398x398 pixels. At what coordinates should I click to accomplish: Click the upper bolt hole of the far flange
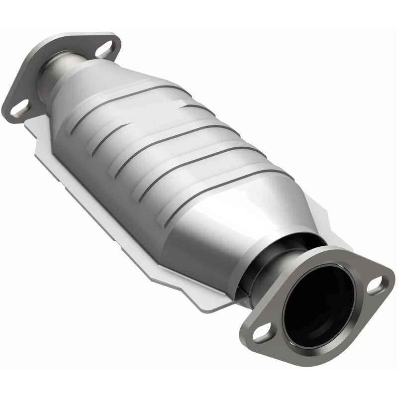click(104, 49)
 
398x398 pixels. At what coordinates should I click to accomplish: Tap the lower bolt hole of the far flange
click(19, 106)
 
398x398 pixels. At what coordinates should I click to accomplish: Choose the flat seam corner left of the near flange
click(219, 303)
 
